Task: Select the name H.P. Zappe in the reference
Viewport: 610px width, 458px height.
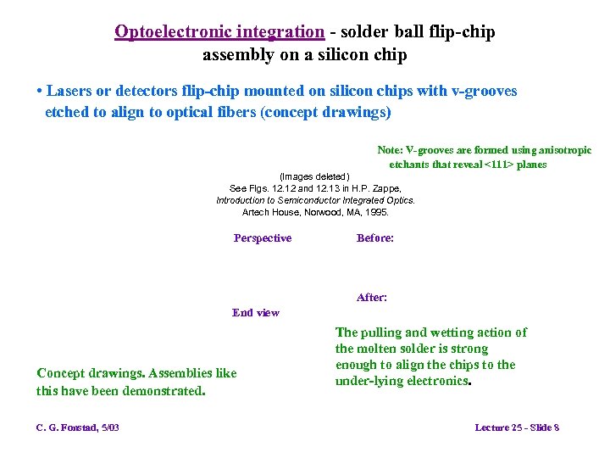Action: click(374, 188)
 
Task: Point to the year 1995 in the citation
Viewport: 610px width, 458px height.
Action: click(374, 212)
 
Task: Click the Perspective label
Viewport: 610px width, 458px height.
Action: click(263, 238)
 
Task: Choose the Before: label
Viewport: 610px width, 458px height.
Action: click(375, 238)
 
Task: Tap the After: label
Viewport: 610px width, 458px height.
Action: click(372, 298)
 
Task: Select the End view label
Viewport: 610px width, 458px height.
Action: click(256, 313)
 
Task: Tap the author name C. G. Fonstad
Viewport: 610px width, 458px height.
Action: click(67, 427)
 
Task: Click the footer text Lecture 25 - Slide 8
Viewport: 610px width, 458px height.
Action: click(517, 427)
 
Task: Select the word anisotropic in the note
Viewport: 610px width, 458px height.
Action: click(563, 150)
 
